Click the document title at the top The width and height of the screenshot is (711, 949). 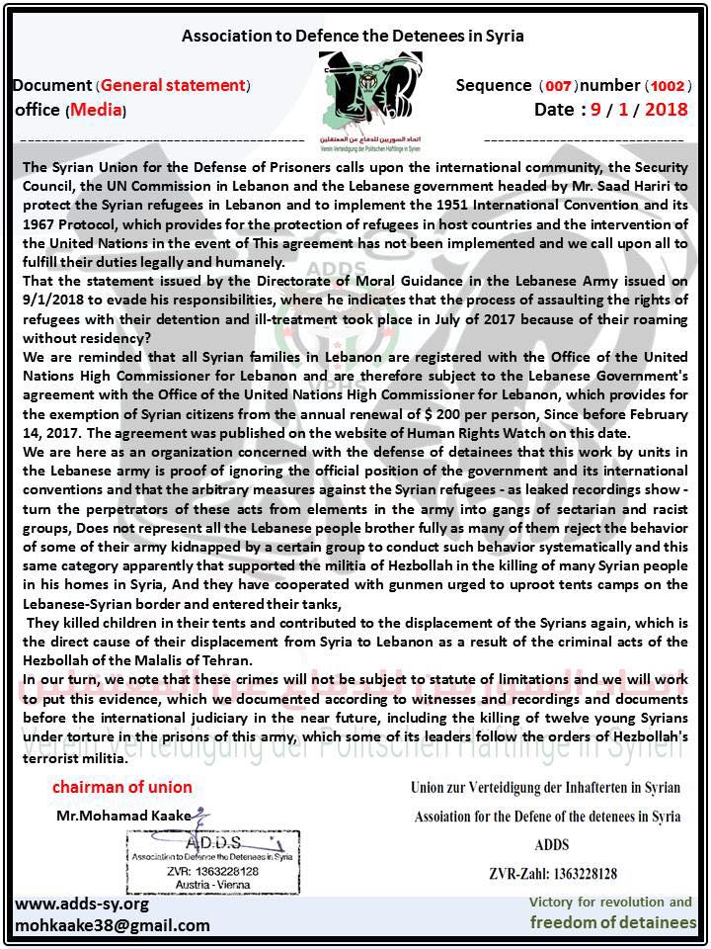coord(353,36)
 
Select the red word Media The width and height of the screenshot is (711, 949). coord(96,110)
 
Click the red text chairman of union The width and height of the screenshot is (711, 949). coord(122,788)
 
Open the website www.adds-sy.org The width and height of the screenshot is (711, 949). coord(82,904)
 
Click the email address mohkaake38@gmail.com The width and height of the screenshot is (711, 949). coord(113,925)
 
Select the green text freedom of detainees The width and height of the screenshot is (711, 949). coord(612,922)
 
